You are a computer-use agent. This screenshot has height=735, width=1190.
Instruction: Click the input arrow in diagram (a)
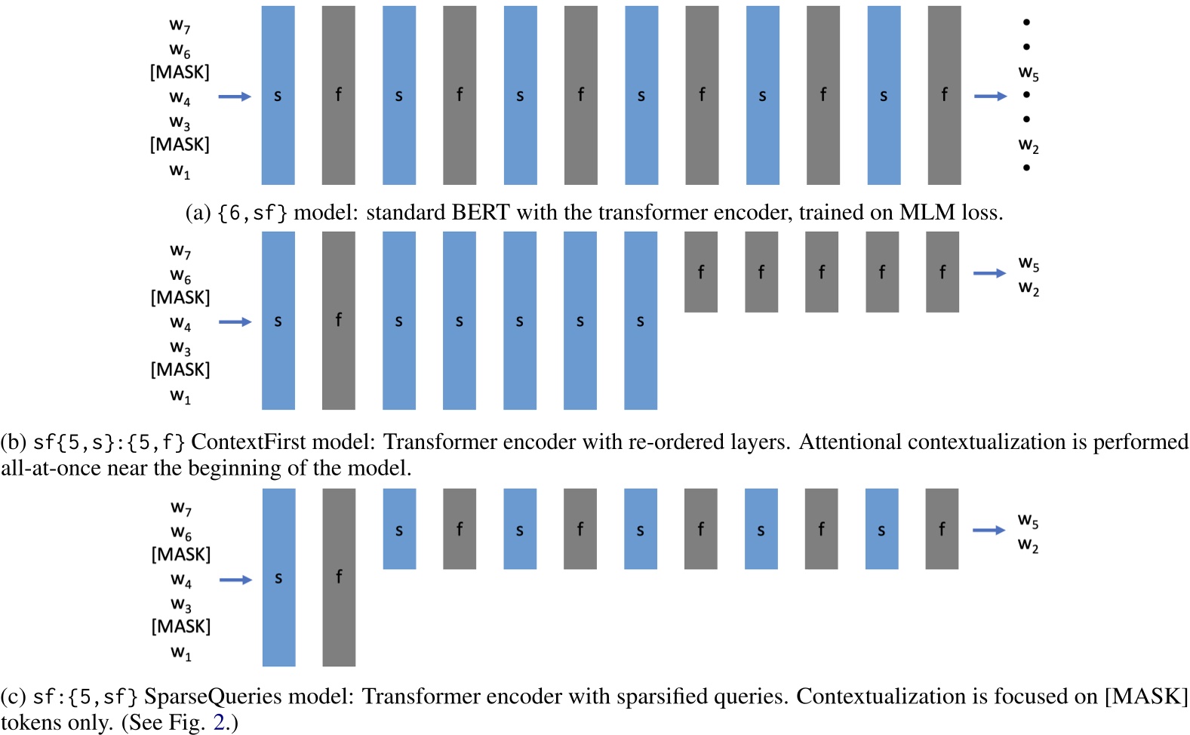(x=235, y=97)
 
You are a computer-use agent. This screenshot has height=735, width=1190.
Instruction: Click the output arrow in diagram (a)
(x=990, y=97)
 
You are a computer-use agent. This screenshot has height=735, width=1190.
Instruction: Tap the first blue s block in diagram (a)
(x=278, y=95)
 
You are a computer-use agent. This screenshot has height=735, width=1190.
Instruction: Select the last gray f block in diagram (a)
(x=944, y=95)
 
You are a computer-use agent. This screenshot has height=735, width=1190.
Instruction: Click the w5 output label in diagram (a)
(x=1028, y=73)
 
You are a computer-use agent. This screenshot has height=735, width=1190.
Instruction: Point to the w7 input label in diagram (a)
(x=180, y=26)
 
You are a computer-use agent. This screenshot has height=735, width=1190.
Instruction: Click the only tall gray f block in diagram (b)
(x=338, y=320)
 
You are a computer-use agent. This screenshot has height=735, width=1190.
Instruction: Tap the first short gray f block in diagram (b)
(x=700, y=272)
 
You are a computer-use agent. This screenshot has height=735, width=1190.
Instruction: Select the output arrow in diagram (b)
(x=989, y=273)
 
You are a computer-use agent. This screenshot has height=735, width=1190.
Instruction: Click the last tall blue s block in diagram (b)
(x=640, y=320)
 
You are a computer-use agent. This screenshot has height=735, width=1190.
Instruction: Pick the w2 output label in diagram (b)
(x=1028, y=288)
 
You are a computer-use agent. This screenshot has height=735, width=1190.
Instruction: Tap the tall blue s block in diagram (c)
(x=278, y=577)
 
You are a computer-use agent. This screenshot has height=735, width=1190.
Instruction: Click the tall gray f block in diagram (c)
(x=339, y=577)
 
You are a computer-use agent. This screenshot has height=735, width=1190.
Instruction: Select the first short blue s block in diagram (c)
(x=399, y=529)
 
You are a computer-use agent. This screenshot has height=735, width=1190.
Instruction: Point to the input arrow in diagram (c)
(x=235, y=580)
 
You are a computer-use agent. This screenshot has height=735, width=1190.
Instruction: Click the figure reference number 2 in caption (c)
(x=219, y=722)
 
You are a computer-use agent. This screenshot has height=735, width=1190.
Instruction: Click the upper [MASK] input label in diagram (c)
(x=181, y=555)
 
